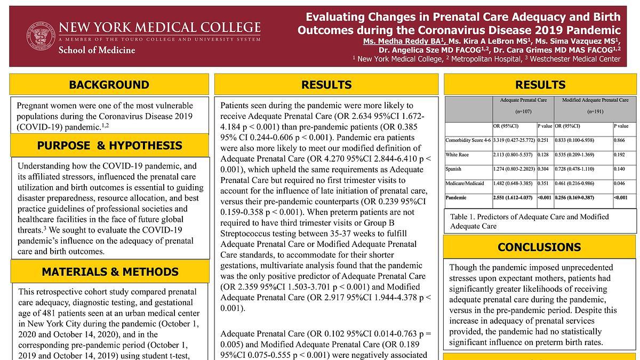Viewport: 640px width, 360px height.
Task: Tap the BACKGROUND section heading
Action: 109,85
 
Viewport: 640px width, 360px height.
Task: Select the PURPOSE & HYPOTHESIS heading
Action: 109,146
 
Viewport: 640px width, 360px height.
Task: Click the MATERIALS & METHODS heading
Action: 109,271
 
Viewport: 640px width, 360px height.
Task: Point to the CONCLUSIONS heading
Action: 539,247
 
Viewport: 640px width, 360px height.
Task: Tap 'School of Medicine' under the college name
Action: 97,50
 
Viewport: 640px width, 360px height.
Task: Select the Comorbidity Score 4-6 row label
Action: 468,140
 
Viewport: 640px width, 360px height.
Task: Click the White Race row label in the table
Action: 458,155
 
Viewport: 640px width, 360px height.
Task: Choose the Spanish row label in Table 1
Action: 454,169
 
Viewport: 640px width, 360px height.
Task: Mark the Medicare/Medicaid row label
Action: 465,183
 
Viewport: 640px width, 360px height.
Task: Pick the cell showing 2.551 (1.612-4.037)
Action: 514,198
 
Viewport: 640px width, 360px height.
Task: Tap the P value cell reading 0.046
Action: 620,183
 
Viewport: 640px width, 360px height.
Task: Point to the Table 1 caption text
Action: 529,221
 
